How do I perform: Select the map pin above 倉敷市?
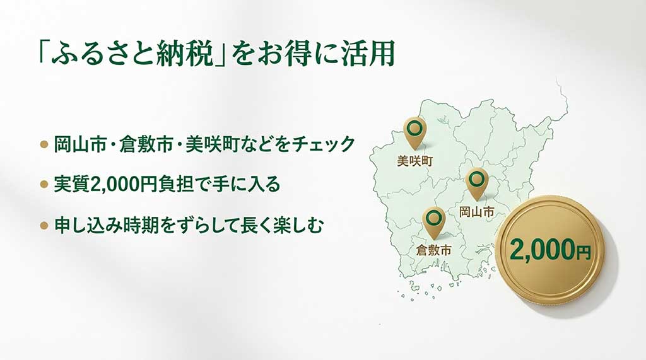pos(433,220)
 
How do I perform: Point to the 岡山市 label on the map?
pos(476,212)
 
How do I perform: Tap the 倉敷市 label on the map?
pos(433,250)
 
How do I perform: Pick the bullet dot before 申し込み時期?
pos(44,225)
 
